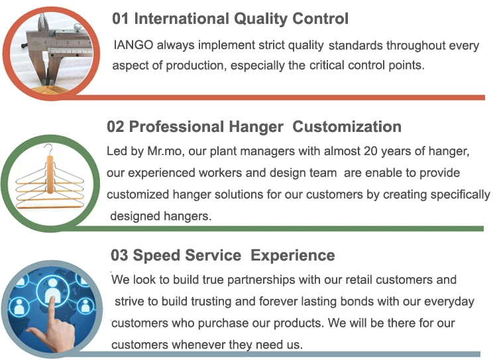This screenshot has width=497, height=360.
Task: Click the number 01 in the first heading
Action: [x=120, y=19]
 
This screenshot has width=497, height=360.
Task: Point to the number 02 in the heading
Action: [x=115, y=127]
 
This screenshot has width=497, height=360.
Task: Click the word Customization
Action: [x=347, y=127]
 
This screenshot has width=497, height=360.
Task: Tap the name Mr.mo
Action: [x=165, y=151]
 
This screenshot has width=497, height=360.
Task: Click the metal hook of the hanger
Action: [x=48, y=149]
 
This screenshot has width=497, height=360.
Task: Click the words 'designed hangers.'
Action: [x=161, y=216]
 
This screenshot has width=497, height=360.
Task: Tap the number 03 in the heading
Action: [x=119, y=256]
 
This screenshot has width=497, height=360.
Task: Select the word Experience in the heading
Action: [x=292, y=256]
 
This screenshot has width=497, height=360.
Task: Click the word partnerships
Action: [x=261, y=280]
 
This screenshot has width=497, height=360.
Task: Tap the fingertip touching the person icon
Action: [x=52, y=300]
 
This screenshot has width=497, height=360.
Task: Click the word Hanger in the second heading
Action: [x=256, y=127]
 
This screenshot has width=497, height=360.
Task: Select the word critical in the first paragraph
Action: [x=327, y=66]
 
